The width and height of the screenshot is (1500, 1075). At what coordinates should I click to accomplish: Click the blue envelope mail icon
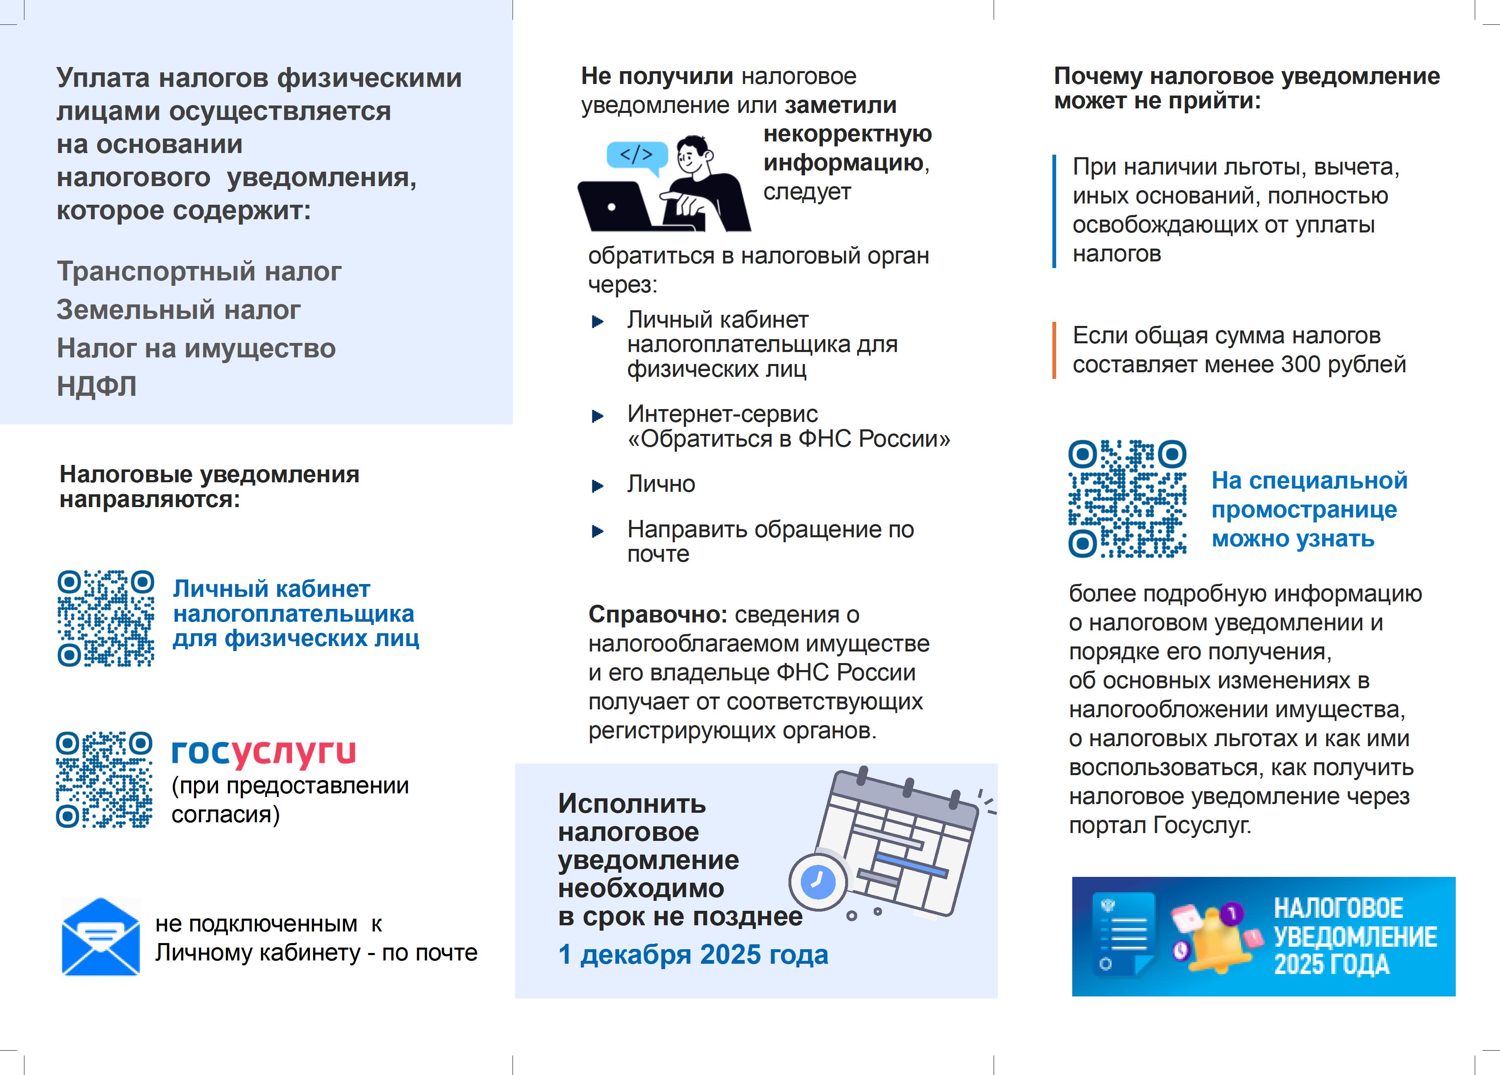101,936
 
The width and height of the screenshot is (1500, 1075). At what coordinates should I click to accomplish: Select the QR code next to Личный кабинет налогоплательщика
106,618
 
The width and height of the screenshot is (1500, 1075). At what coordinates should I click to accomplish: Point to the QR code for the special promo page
1127,499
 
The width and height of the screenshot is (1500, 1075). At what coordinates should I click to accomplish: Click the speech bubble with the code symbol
636,156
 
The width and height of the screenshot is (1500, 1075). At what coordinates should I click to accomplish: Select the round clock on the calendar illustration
818,881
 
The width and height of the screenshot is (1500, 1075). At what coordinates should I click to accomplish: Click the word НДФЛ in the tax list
96,386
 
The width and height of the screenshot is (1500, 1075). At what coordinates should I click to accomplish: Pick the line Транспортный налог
199,271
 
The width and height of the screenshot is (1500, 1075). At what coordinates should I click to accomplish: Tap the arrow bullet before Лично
597,486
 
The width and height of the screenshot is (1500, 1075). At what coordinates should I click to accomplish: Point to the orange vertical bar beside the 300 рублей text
1054,350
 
